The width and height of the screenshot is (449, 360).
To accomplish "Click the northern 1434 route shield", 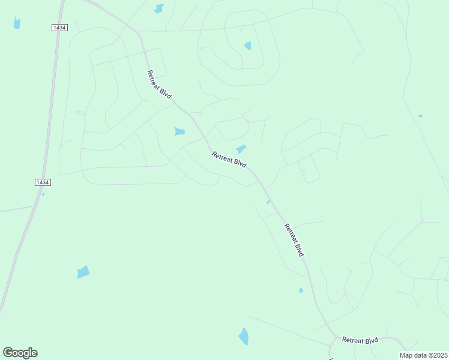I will pos(59,28).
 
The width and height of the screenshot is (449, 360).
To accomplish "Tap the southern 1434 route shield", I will pos(42,182).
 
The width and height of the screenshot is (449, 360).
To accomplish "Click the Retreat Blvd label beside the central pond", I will pos(229,160).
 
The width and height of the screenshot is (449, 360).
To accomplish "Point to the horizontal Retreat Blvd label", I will pos(360,340).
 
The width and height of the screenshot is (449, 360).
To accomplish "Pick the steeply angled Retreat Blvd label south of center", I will pos(294,240).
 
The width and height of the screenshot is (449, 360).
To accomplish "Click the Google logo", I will pos(20,353).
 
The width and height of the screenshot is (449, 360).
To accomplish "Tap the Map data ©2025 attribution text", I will pos(424,355).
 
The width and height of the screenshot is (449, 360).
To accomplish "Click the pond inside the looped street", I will pos(248,46).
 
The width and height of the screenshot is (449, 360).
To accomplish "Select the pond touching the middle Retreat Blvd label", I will pos(241,149).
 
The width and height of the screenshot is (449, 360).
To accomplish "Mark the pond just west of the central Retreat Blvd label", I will pos(179,131).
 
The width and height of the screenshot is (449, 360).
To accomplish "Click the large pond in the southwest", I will pos(83,272).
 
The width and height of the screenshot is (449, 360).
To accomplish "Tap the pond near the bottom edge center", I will pos(244,337).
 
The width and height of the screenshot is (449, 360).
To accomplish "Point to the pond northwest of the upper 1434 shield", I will pos(17,23).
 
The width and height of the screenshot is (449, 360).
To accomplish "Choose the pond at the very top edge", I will pos(159,8).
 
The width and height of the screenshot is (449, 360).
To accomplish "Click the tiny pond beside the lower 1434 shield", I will pos(43,194).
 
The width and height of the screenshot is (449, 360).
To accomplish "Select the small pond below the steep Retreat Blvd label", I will pos(301,290).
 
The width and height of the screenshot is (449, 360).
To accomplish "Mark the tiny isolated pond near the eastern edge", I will pos(420,116).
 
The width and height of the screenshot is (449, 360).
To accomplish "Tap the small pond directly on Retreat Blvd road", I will pos(268,202).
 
